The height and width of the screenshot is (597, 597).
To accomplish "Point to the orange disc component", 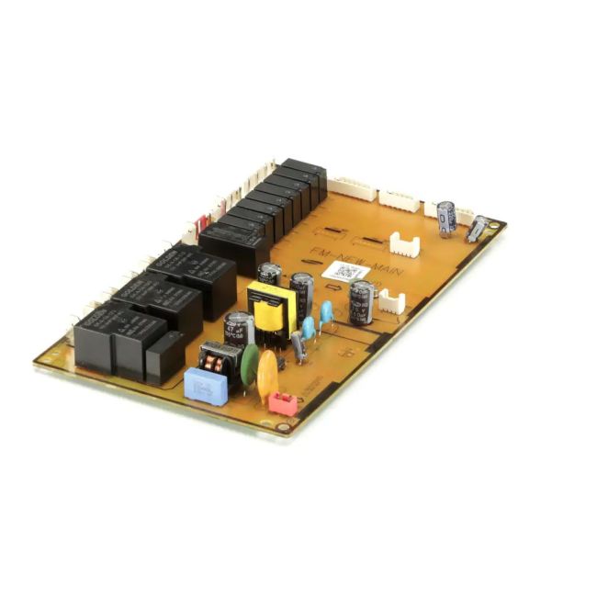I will click(268, 371).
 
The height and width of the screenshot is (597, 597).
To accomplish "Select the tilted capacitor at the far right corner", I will click(477, 229).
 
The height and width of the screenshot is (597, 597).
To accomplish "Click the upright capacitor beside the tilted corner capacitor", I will click(446, 219).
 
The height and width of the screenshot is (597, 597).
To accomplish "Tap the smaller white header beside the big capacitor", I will click(392, 301).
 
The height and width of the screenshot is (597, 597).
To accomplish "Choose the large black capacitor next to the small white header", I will click(361, 302).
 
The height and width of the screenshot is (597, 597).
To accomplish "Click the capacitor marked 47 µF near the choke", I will click(239, 329).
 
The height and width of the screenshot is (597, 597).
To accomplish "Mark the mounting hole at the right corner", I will click(496, 223).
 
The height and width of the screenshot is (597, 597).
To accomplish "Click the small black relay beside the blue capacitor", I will click(164, 355).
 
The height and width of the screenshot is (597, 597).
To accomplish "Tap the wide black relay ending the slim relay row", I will click(233, 247).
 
